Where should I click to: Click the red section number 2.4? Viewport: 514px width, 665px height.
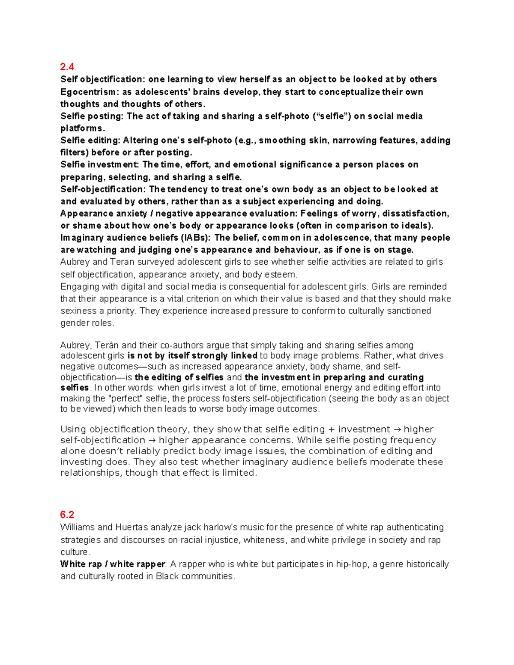(x=67, y=66)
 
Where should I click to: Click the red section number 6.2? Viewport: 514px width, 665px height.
(x=67, y=514)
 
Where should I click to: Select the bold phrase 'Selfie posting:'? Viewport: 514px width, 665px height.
(x=92, y=116)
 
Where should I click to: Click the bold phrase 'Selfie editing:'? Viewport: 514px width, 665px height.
(x=90, y=140)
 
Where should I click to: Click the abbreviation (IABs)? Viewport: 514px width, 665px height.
(x=195, y=238)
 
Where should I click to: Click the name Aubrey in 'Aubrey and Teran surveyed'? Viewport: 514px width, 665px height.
(x=75, y=262)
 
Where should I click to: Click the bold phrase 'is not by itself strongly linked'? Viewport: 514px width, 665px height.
(x=192, y=355)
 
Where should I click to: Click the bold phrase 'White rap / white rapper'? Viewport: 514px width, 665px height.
(x=113, y=564)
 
